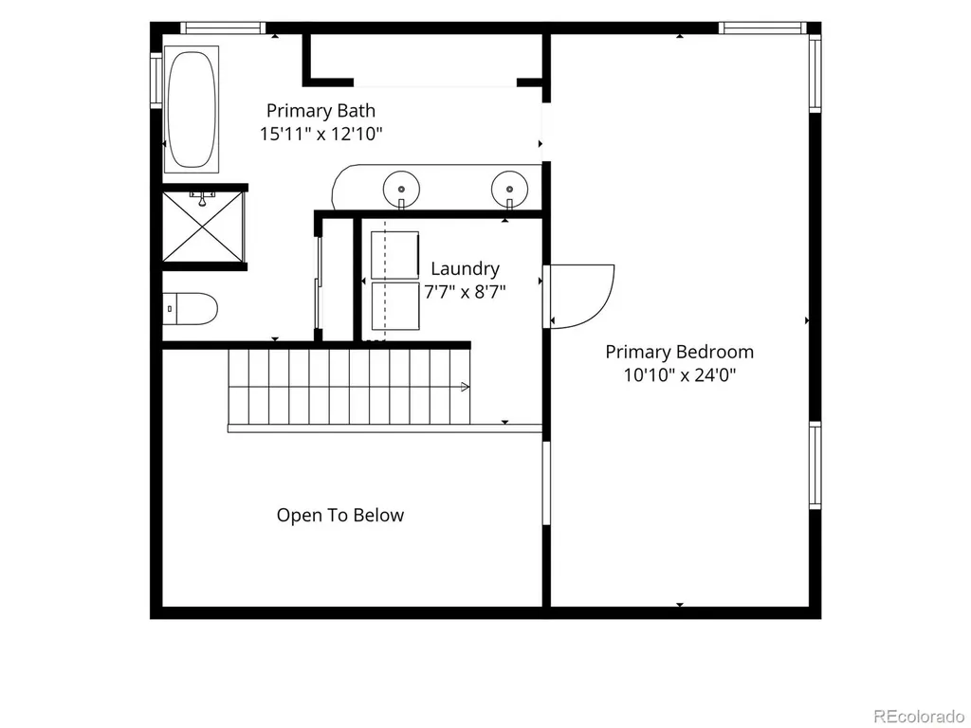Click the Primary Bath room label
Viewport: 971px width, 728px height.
pos(321,111)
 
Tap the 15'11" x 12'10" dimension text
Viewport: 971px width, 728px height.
pos(321,134)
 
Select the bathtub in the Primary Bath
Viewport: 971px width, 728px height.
pos(192,109)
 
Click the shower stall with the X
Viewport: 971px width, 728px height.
pos(203,227)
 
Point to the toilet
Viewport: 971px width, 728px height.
pos(191,308)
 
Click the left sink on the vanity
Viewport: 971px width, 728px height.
pos(401,189)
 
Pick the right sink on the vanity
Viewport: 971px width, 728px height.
pos(509,189)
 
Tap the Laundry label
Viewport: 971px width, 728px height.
pos(465,268)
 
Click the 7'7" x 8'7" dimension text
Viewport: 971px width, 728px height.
pos(465,292)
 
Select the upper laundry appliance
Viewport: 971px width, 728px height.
pos(395,254)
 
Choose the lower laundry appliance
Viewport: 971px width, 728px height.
pos(395,306)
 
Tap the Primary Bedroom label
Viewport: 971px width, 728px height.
pos(679,353)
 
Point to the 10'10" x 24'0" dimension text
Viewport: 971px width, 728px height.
pos(679,375)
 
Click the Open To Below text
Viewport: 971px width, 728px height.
pos(340,515)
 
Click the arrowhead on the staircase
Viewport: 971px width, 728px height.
pos(465,387)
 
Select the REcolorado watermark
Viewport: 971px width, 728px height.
pos(919,717)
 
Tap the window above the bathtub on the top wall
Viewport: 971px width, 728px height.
pos(223,27)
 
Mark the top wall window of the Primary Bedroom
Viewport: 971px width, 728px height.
pos(763,27)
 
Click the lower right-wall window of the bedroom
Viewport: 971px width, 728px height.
pos(815,465)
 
